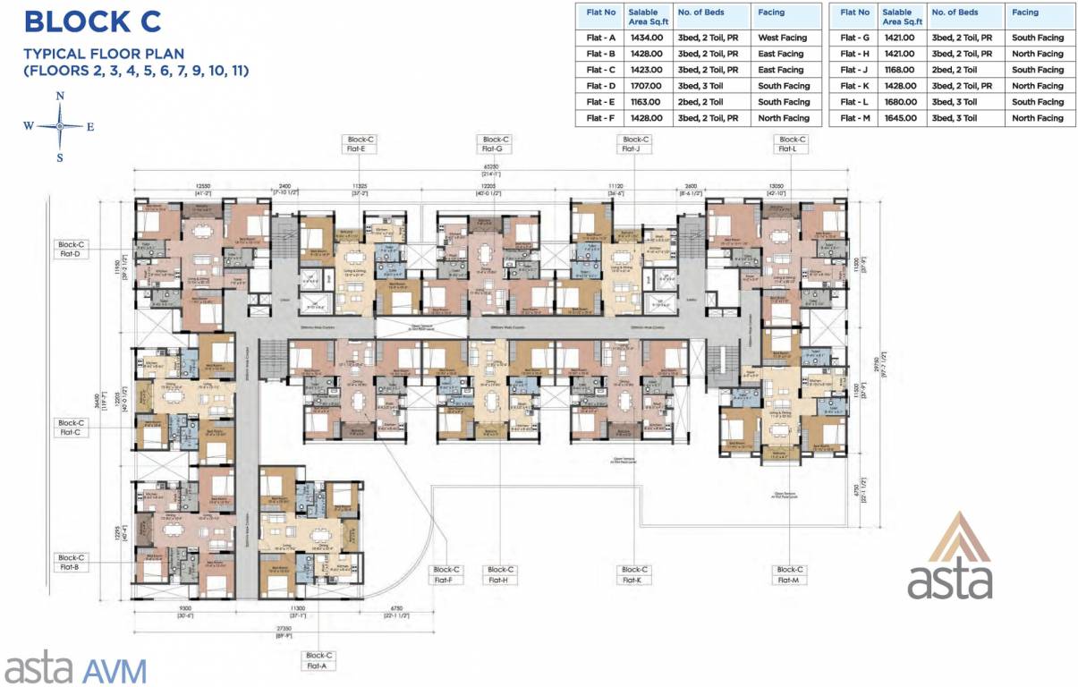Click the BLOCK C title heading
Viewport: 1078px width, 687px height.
coord(93,21)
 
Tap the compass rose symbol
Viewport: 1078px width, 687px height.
coord(60,126)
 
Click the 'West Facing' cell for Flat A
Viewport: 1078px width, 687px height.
coord(782,38)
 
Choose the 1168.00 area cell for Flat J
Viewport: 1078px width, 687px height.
coord(898,70)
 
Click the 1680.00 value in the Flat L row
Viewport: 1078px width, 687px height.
coord(898,102)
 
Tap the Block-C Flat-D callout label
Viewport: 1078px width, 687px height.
coord(71,249)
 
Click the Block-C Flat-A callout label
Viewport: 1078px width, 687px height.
coord(318,660)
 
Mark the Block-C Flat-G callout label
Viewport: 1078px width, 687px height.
coord(495,144)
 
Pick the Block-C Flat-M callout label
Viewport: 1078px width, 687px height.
coord(789,574)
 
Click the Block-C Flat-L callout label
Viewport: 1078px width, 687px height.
coord(792,144)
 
